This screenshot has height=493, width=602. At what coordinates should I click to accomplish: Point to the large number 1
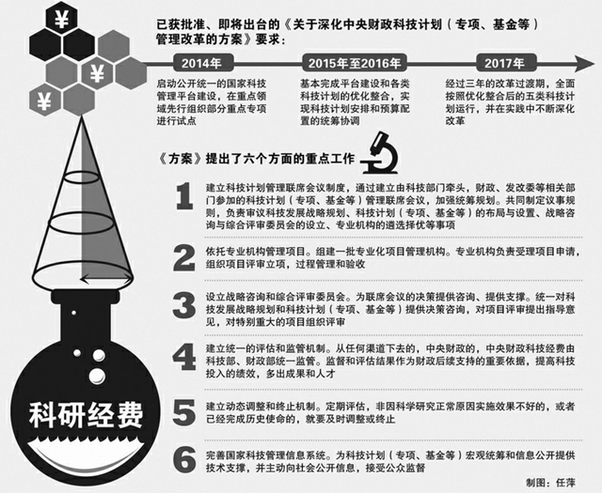[185, 198]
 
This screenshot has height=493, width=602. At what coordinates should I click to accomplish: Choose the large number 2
[185, 256]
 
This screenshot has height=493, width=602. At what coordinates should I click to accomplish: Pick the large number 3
[185, 306]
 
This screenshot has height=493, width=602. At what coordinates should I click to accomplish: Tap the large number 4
[185, 360]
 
